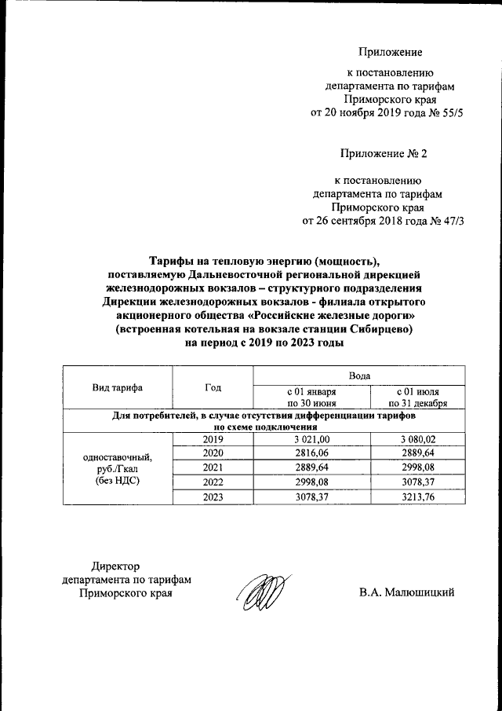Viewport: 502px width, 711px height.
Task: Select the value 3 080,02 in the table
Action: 422,439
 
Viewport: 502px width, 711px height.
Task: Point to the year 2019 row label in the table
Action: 213,439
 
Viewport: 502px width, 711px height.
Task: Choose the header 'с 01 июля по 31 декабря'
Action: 422,398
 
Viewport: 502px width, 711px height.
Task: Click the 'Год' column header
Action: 213,387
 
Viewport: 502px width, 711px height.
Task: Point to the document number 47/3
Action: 451,221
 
